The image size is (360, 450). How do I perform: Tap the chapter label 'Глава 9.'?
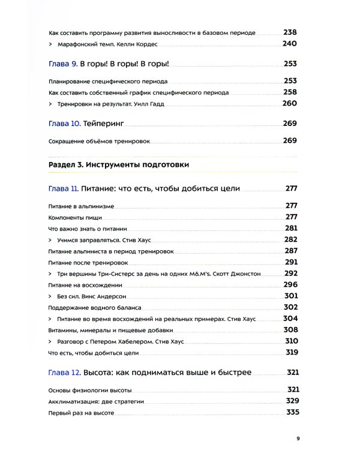[62, 64]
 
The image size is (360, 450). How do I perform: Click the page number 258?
[290, 92]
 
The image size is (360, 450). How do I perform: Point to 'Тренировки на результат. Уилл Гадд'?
[112, 104]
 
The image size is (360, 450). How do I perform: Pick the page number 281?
[291, 229]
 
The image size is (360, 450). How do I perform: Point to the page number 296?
[290, 284]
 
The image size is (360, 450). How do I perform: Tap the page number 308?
[290, 330]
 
